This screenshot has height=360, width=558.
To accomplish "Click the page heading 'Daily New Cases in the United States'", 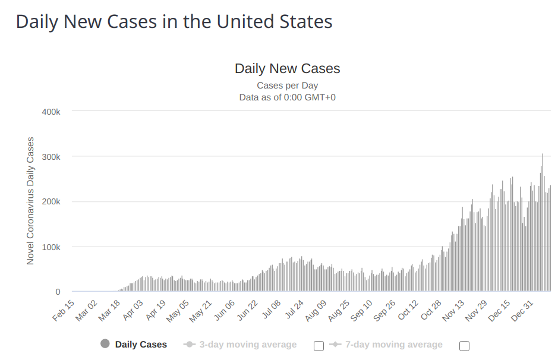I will coord(174,22).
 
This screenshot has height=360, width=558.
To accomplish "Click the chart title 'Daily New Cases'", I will coord(287,68).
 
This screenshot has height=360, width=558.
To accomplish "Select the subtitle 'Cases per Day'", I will coord(287,86).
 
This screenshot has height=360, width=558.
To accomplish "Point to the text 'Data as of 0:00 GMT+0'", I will coord(287,97).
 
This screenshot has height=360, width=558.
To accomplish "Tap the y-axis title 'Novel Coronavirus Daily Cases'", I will coord(30,201).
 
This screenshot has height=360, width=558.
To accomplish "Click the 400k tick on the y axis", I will coord(50,112).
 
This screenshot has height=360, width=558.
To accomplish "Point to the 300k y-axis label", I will coord(50,157).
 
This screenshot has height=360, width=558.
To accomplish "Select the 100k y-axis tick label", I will coord(50,247).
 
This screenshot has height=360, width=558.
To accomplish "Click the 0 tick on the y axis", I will coord(58,292).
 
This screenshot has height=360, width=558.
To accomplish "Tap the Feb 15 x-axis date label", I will coord(64,311).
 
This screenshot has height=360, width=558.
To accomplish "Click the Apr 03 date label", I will coord(133,311).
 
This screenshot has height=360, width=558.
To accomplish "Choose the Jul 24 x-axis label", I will coord(294,311).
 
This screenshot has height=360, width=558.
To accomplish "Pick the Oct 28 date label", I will coord(432,311).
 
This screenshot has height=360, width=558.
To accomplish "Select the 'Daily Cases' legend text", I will coord(141,345).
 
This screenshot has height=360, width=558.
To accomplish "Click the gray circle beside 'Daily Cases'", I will coord(105,344).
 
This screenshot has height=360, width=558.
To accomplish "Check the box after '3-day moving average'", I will coord(319,346).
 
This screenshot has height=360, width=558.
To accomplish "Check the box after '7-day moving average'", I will coord(464,346).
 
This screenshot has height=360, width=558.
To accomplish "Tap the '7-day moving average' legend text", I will coord(393,345).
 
